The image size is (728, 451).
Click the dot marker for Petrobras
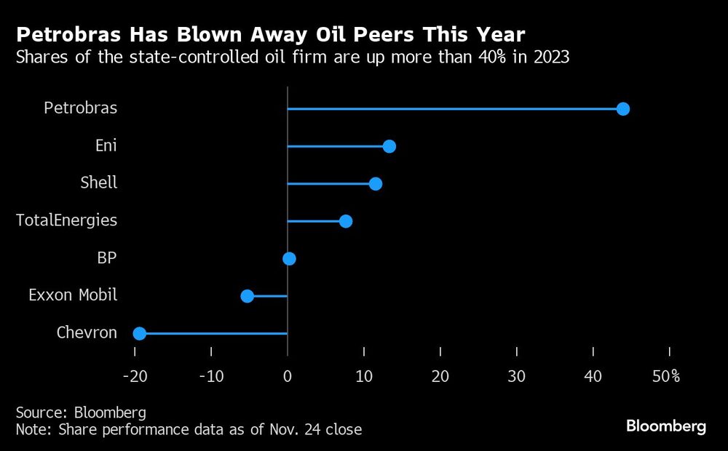coord(622,109)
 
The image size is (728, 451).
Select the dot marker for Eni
coord(389,146)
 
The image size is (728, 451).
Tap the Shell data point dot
coord(375,184)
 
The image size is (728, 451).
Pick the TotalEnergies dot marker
coord(346,221)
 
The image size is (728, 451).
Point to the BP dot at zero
coord(289,258)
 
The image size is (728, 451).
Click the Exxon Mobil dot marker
coord(247,296)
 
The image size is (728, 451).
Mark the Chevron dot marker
coord(139,333)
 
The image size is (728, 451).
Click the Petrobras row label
coord(80,108)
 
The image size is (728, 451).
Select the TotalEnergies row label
coord(66,220)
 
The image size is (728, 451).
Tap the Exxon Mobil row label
coord(73,295)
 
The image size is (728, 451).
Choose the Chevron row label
coord(87,332)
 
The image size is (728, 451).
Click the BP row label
coord(106,258)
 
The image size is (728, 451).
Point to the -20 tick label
coord(135,376)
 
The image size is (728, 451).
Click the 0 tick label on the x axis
coord(288,376)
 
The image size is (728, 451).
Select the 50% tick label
coord(665,376)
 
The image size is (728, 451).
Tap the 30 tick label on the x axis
coord(516,376)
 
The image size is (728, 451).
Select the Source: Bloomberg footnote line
coord(81,412)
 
